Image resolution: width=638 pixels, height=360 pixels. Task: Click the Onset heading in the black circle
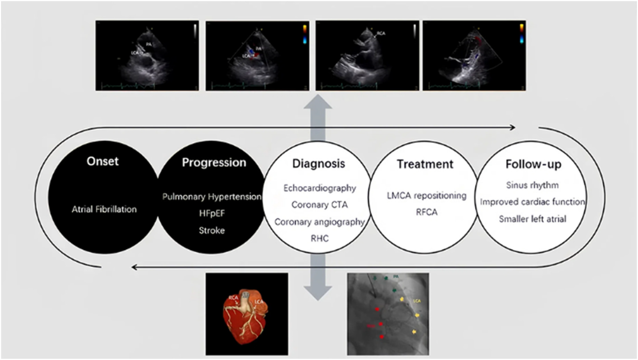tap(103, 161)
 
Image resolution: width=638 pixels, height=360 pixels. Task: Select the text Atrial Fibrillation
tap(104, 209)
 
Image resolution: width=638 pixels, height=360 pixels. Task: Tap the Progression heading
tap(214, 162)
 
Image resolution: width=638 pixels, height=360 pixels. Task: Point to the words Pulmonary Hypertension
tap(212, 196)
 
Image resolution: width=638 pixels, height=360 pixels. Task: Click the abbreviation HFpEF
tap(212, 213)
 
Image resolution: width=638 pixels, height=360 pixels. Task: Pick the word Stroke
tap(212, 230)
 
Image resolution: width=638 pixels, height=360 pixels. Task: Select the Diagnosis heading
tap(318, 164)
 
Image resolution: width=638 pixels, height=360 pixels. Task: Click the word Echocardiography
tap(319, 188)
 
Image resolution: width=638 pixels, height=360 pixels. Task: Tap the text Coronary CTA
tap(319, 205)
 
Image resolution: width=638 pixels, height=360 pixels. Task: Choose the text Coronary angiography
tap(319, 222)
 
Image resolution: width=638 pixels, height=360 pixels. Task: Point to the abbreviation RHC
tap(319, 238)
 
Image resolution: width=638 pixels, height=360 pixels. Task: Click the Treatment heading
tap(425, 164)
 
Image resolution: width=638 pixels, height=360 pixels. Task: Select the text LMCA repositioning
tap(426, 195)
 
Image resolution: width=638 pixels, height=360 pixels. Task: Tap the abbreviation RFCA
tap(426, 212)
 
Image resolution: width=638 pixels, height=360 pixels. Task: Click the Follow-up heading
tap(533, 164)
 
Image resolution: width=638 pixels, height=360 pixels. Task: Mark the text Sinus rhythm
tap(532, 185)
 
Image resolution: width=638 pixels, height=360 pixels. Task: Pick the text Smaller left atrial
tap(532, 219)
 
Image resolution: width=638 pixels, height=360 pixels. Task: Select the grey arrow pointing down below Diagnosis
tap(318, 281)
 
